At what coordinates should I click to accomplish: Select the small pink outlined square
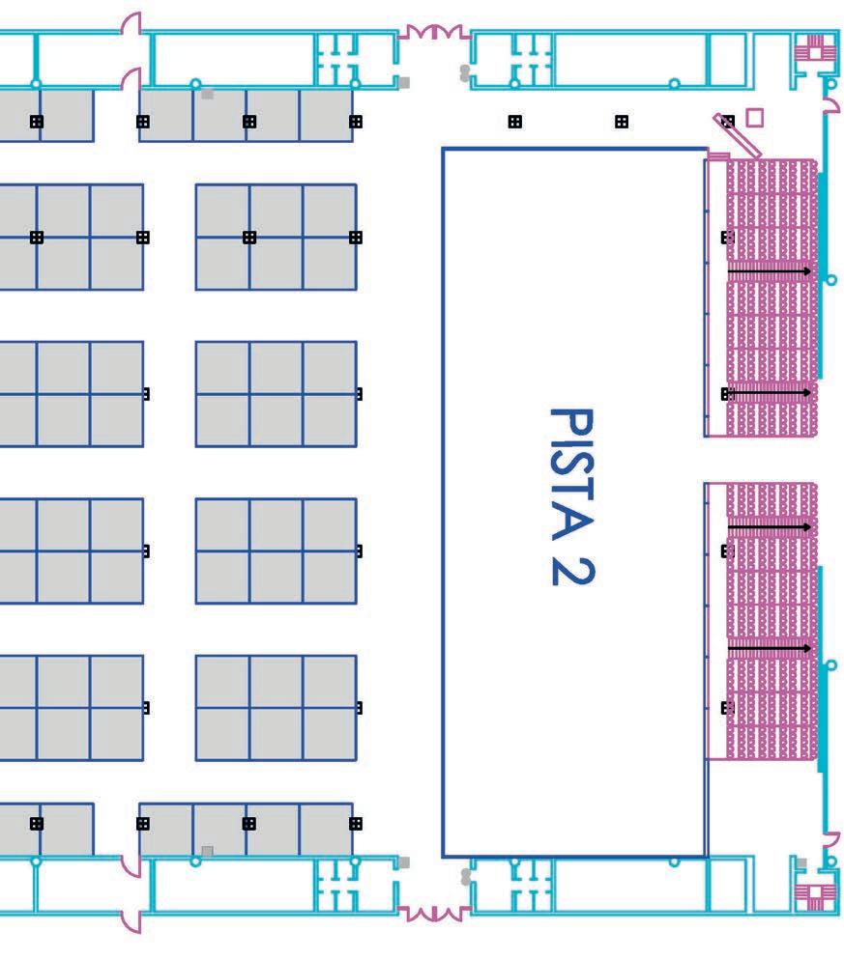tap(755, 117)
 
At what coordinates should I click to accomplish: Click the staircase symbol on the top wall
tap(813, 44)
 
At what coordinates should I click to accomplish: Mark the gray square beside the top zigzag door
tap(404, 83)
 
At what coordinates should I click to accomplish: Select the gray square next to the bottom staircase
tap(800, 863)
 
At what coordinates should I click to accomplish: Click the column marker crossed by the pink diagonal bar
tap(728, 122)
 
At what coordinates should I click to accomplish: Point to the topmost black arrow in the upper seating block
tap(770, 272)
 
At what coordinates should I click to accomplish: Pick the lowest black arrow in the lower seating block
tap(770, 647)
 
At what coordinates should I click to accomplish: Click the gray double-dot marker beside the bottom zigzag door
tap(466, 876)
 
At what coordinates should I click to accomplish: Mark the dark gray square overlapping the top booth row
tap(207, 94)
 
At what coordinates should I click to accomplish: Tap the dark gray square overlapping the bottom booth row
tap(207, 851)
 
